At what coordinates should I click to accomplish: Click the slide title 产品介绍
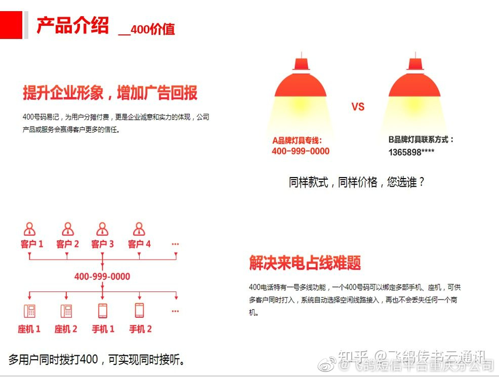tap(72, 25)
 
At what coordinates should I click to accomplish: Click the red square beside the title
tap(11, 25)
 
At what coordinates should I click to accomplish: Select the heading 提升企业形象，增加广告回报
tap(110, 93)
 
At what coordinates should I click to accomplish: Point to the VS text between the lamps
tap(358, 107)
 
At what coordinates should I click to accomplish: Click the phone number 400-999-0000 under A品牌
tap(300, 151)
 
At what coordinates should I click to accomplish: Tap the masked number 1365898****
tap(411, 152)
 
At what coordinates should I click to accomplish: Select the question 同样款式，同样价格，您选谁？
tap(356, 182)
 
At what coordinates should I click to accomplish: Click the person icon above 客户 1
tap(30, 229)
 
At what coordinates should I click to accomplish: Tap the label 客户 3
tap(102, 244)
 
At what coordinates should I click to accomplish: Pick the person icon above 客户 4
tap(139, 229)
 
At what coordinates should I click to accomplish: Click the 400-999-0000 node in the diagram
tap(102, 277)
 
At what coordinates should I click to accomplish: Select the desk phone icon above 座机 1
tap(29, 310)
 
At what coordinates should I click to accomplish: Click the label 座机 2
tap(66, 329)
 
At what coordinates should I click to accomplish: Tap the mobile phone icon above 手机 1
tap(103, 310)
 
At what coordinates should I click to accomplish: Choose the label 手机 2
tap(140, 329)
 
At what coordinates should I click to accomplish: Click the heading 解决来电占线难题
tap(305, 263)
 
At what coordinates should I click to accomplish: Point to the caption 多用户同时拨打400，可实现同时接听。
tap(97, 360)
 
